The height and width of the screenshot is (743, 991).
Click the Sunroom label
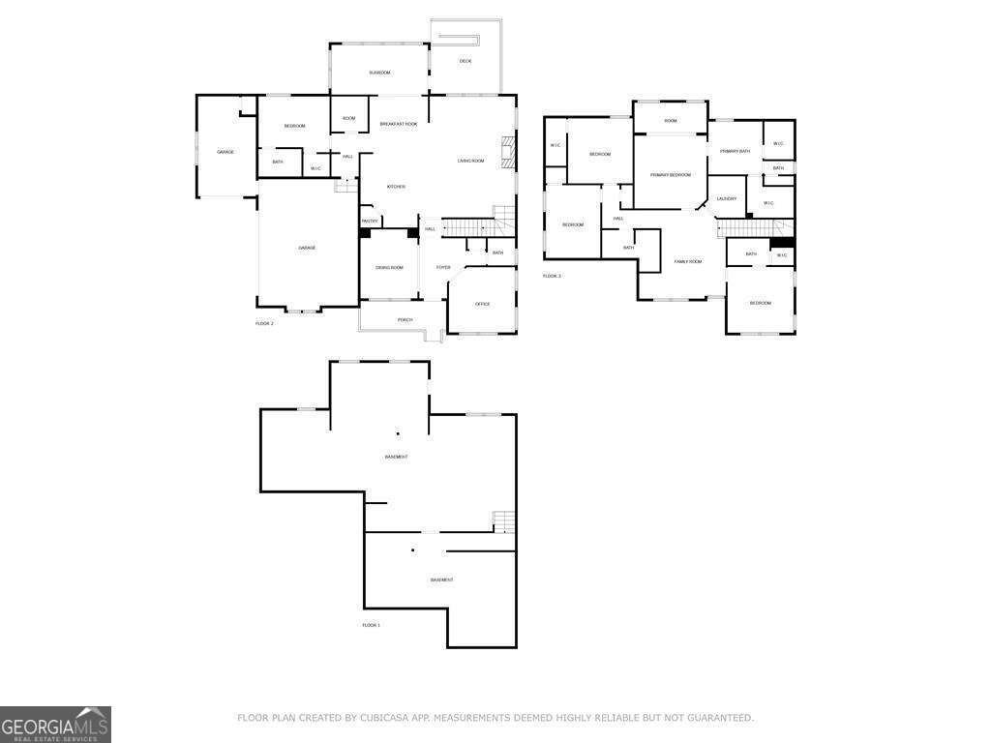[379, 74]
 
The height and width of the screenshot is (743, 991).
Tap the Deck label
[465, 61]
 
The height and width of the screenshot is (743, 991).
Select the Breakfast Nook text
[398, 124]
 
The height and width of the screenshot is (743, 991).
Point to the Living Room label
[470, 161]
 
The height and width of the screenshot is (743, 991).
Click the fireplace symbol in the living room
[506, 152]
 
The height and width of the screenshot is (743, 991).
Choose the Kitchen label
[396, 187]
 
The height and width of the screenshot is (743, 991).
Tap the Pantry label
[370, 222]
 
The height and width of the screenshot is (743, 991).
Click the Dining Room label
[389, 267]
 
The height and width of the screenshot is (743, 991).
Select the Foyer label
[443, 267]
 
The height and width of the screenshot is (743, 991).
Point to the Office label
[482, 304]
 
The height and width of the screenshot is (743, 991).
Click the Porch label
[405, 319]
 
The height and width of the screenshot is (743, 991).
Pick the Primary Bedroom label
[671, 175]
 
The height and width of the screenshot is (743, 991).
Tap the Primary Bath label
[735, 151]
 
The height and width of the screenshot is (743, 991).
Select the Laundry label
[727, 199]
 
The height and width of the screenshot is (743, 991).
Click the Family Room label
[688, 261]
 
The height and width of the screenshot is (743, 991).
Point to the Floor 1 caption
[371, 625]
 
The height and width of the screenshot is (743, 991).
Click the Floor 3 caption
[552, 277]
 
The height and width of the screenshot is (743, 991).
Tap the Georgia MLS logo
[55, 725]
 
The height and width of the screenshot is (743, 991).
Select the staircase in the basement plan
[503, 521]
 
